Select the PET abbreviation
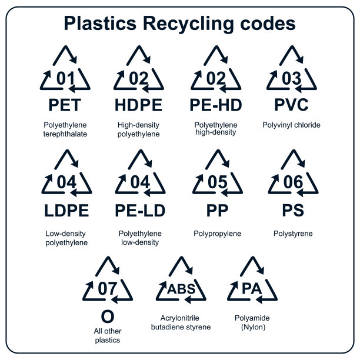[65, 106]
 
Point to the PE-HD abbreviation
[217, 106]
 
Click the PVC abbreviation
[292, 105]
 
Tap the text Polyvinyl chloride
[292, 125]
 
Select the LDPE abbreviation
[66, 211]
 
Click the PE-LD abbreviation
[140, 211]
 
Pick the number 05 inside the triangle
[217, 183]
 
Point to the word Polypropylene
[217, 234]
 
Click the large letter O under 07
[108, 316]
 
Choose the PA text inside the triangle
[252, 289]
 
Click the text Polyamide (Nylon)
[252, 322]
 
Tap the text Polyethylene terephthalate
[66, 129]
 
